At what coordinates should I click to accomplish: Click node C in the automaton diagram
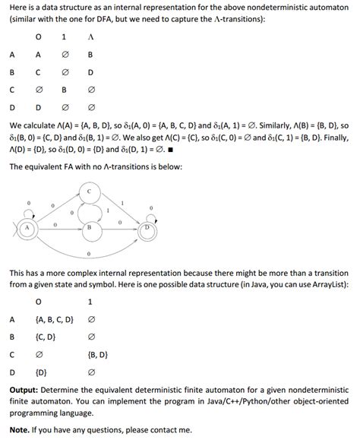pos(90,193)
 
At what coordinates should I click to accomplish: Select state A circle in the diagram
pos(28,226)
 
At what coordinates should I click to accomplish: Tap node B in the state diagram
pos(90,226)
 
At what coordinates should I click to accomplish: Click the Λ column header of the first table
pos(90,36)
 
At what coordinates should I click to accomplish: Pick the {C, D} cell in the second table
pos(45,336)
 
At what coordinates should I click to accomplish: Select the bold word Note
pos(21,429)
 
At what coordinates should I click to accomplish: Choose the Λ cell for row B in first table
pos(90,73)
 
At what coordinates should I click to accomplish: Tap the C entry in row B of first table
pos(37,73)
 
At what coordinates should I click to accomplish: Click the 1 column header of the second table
pos(90,301)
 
